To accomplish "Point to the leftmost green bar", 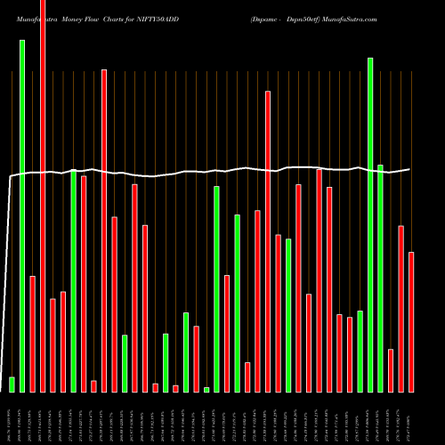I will [x=12, y=384].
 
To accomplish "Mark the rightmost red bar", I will [x=411, y=321].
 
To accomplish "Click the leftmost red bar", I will [x=32, y=334].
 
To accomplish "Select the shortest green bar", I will [x=206, y=389].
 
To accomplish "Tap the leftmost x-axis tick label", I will [x=12, y=418].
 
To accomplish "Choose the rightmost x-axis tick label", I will [x=411, y=418].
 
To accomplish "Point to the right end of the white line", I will [x=410, y=169].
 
